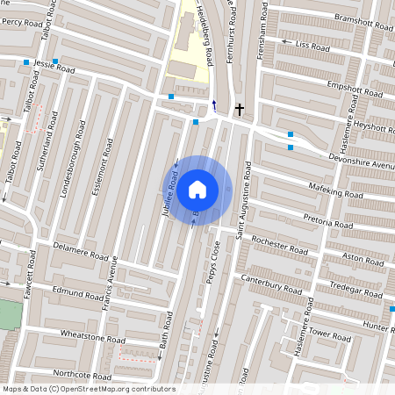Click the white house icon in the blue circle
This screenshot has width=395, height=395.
coord(197,189)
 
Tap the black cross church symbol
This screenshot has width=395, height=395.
coord(239,110)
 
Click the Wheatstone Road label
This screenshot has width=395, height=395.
coord(92,337)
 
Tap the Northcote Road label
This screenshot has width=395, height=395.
coord(78,372)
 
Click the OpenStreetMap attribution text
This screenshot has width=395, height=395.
coord(89,389)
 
